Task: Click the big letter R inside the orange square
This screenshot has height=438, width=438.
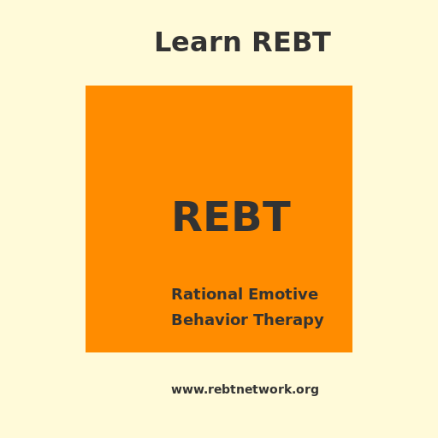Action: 187,217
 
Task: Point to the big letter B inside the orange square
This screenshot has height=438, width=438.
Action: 248,217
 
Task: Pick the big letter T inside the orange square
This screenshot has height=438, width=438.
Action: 277,217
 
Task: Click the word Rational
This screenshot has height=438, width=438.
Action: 206,294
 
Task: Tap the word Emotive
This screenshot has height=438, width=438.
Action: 282,294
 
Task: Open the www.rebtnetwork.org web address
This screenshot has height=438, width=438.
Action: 245,389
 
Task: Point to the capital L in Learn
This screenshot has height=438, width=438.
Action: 161,43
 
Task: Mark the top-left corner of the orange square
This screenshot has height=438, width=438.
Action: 86,86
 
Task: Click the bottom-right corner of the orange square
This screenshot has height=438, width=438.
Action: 352,352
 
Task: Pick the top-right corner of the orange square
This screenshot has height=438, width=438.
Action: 352,86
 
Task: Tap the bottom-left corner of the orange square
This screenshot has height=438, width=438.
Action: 86,352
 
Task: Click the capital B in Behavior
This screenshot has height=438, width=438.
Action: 176,320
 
